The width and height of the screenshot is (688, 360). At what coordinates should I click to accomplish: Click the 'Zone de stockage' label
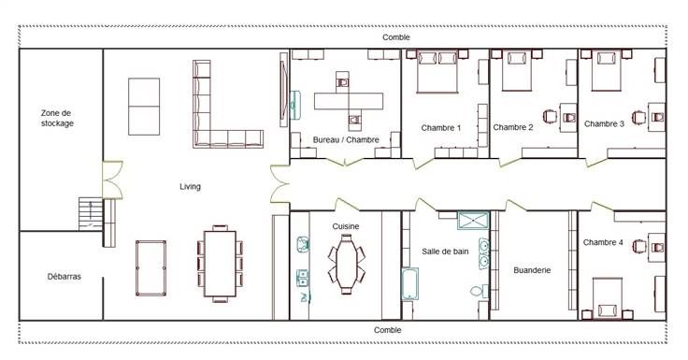tap(57, 118)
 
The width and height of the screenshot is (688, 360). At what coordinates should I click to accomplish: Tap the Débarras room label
tap(64, 277)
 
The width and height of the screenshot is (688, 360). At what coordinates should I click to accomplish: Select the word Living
tap(190, 187)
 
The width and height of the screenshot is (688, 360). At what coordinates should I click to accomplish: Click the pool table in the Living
tap(150, 268)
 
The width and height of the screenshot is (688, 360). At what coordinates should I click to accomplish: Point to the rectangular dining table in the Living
tap(220, 264)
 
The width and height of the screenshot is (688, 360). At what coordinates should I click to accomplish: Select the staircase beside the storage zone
tap(91, 214)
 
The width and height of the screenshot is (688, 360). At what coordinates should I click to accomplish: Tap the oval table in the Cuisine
tap(347, 265)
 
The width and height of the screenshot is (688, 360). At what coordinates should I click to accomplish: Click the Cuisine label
tap(345, 226)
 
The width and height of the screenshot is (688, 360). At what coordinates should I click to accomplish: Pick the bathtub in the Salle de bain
tap(409, 284)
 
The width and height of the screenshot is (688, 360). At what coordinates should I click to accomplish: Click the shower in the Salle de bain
tap(473, 221)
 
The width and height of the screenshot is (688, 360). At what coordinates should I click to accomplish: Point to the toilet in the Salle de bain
tap(480, 291)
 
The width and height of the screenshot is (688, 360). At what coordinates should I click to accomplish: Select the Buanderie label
tap(532, 270)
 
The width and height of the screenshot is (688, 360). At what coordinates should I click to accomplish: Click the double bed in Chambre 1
tap(437, 72)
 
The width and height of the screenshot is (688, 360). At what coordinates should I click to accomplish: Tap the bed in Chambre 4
tap(608, 298)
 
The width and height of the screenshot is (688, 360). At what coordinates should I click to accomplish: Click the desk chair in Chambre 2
tap(550, 117)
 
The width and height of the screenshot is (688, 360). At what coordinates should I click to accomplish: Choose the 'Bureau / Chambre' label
tap(346, 140)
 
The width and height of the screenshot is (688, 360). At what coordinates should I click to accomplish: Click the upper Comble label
tap(396, 37)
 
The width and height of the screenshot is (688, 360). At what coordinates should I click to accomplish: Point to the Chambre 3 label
tap(604, 124)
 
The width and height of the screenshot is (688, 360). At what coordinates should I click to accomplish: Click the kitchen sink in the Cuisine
tap(302, 244)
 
